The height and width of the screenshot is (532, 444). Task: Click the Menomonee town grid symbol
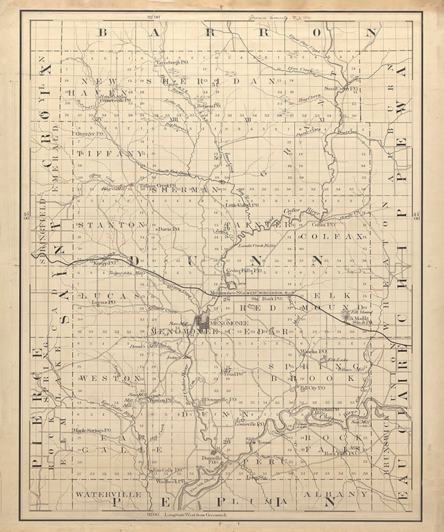[x=203, y=322]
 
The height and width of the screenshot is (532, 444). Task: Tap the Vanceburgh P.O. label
[x=172, y=62]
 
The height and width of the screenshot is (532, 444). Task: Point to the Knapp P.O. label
[x=104, y=263]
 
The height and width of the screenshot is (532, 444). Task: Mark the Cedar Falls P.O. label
[x=244, y=271]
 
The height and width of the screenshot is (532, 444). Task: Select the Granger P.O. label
[x=90, y=134]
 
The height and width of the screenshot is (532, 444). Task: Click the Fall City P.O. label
[x=313, y=388]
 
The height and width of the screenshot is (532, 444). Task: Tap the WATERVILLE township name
[x=109, y=495]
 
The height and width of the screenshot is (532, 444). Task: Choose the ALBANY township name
[x=335, y=494]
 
